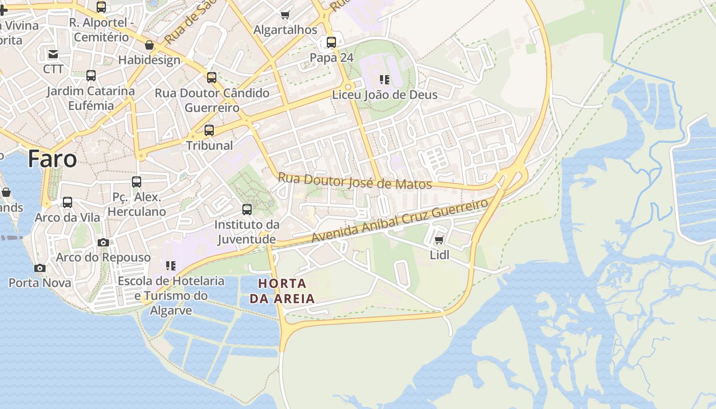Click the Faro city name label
pos(52,159)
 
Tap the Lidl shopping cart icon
pos(439,240)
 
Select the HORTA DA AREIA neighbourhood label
pos(282,290)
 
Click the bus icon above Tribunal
pos(209,130)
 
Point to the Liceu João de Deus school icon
pos(385,80)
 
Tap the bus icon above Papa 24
pos(331,42)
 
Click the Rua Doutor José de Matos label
pos(355,181)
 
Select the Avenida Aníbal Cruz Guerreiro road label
pos(400,221)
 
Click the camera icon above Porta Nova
pos(39,268)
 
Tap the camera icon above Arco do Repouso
pos(103,242)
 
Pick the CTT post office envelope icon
pos(53,54)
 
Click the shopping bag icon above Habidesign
pos(149,46)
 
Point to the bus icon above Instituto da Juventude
pos(247,209)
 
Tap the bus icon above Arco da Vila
pos(68,202)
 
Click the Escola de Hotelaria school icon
pos(170,266)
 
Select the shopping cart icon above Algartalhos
pos(285,15)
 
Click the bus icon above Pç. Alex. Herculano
pos(137,181)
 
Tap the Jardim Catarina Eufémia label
pos(91,98)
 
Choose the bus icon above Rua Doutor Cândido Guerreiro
pos(212,78)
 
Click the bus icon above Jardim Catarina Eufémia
pos(91,76)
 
